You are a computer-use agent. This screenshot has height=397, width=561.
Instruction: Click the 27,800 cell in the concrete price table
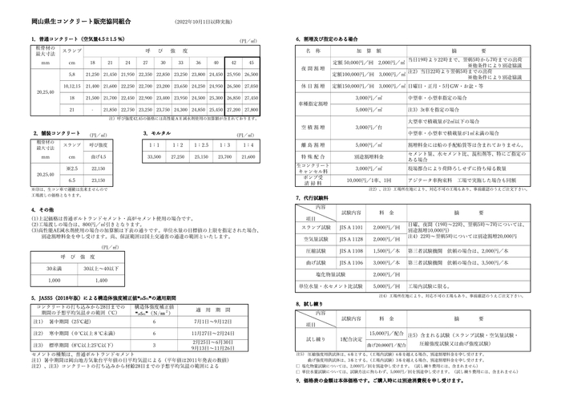(x=251, y=109)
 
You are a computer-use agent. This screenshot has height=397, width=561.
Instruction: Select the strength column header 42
(x=233, y=63)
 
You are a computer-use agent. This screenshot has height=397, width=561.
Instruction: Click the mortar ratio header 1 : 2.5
(x=203, y=144)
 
